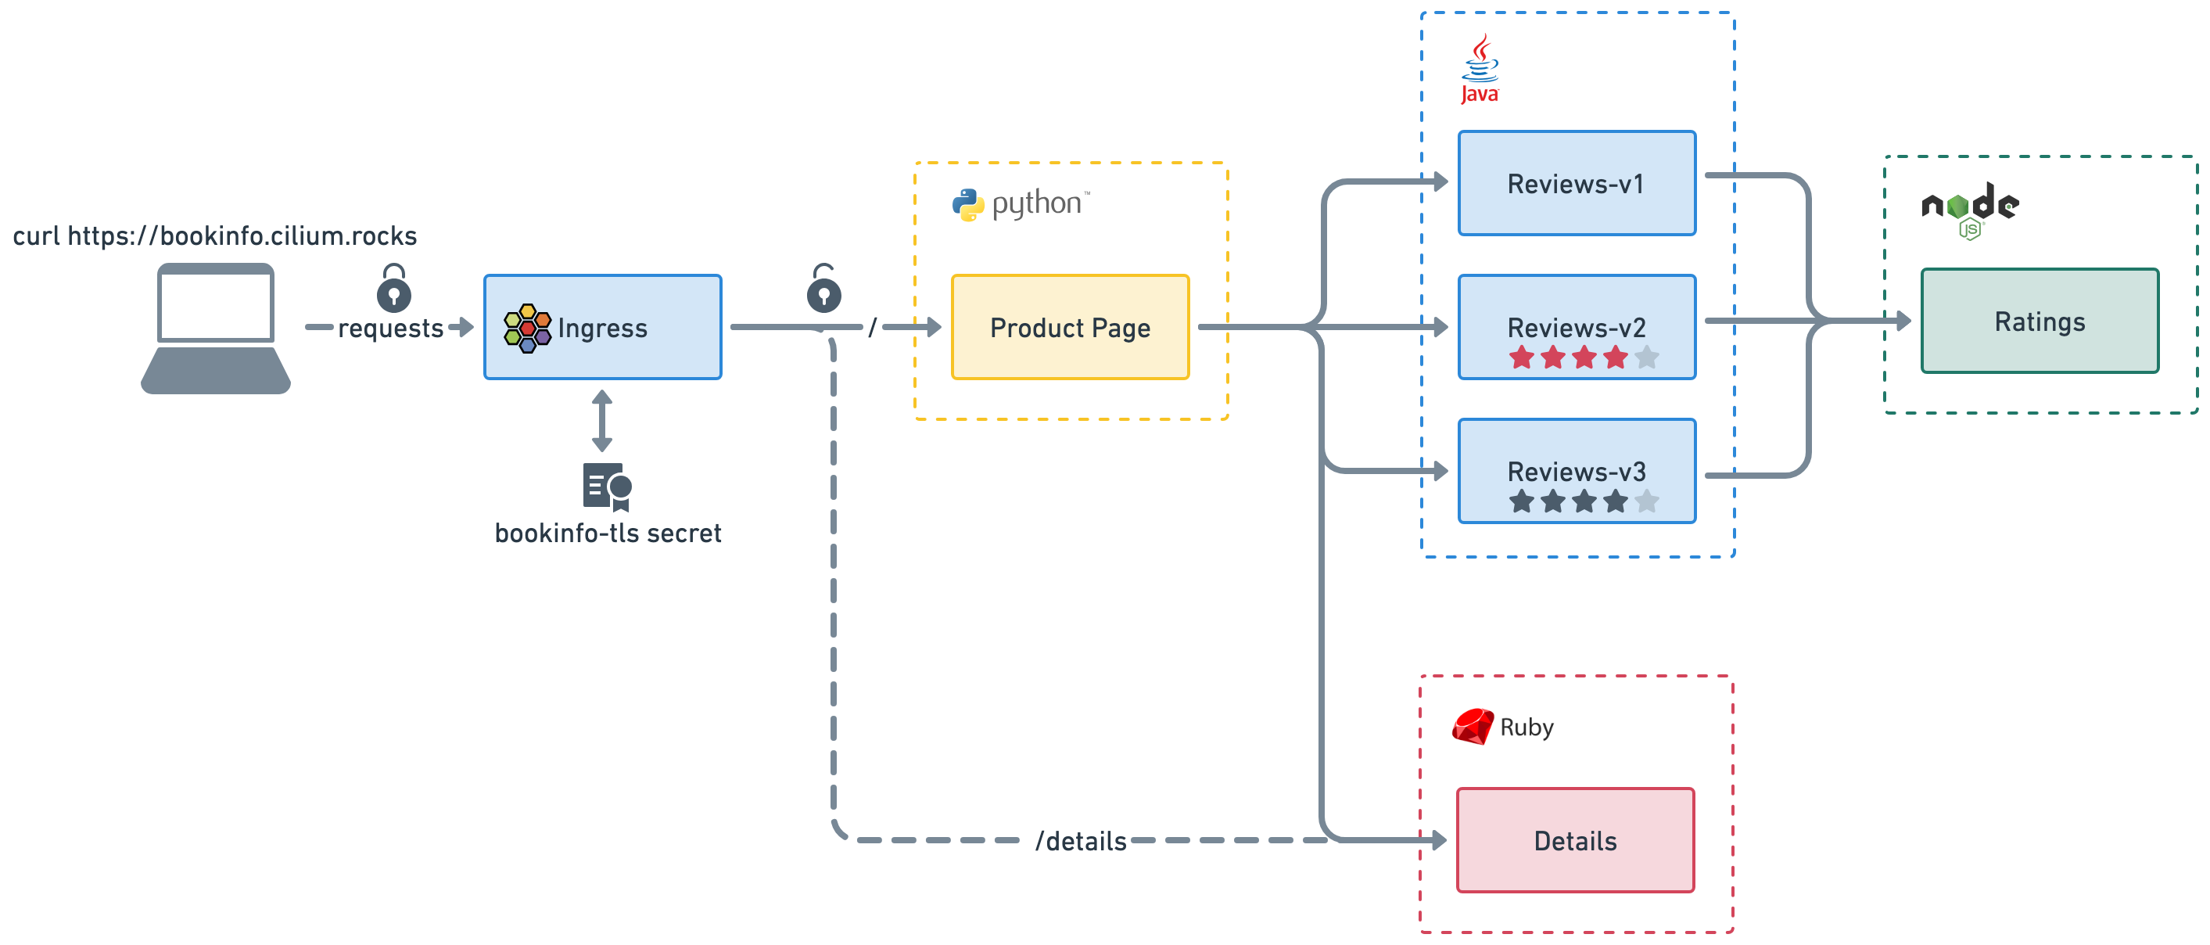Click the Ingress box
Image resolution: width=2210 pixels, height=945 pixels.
(602, 327)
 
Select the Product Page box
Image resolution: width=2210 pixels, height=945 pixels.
(1070, 327)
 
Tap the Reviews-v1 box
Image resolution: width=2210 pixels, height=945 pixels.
(1577, 183)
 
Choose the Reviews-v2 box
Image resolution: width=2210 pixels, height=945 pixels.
(1577, 327)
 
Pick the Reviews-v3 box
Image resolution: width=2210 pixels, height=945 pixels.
(1577, 471)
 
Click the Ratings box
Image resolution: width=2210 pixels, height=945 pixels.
(2040, 321)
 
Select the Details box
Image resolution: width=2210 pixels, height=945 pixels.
(1575, 840)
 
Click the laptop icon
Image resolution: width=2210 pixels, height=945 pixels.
(215, 329)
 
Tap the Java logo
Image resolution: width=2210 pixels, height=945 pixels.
(1480, 70)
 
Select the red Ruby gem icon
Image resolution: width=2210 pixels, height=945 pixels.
(1473, 726)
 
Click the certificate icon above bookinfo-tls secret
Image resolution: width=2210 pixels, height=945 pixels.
(608, 487)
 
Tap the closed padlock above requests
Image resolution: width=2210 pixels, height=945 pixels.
(394, 289)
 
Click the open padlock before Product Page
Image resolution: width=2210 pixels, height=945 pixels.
(823, 289)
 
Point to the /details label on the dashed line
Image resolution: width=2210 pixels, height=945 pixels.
(1081, 841)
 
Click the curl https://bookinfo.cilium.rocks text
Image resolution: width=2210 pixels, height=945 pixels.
(214, 236)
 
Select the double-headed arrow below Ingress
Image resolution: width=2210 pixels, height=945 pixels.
(602, 421)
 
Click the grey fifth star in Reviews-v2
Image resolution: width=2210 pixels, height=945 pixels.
(1646, 357)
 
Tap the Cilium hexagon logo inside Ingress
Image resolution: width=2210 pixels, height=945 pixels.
(528, 328)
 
